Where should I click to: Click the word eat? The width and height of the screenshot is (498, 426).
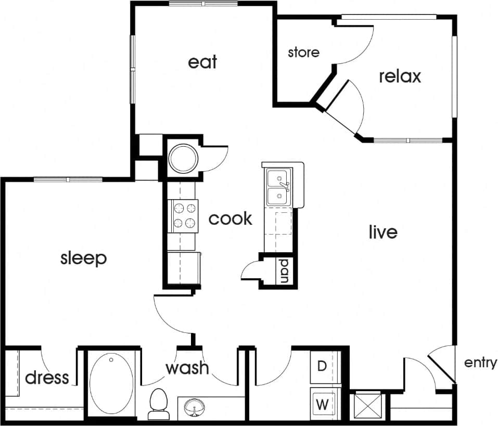[x=202, y=62]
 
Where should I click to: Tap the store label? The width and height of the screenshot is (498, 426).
[x=303, y=52]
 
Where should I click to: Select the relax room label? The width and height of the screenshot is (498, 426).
[x=400, y=76]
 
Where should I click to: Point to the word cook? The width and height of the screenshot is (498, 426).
[x=231, y=218]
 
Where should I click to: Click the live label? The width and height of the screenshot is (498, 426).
[x=383, y=232]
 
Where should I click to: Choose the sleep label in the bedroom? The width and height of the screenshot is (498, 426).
[x=83, y=257]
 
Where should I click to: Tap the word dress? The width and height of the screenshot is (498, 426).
[x=47, y=377]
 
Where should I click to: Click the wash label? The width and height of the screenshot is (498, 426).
[x=187, y=368]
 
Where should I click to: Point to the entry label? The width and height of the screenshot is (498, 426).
[x=480, y=363]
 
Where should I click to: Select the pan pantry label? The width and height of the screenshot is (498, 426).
[x=285, y=270]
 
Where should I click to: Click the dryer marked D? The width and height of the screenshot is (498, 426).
[x=323, y=367]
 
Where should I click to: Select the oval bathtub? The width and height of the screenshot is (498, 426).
[x=111, y=383]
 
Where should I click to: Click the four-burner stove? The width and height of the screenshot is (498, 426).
[x=185, y=216]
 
